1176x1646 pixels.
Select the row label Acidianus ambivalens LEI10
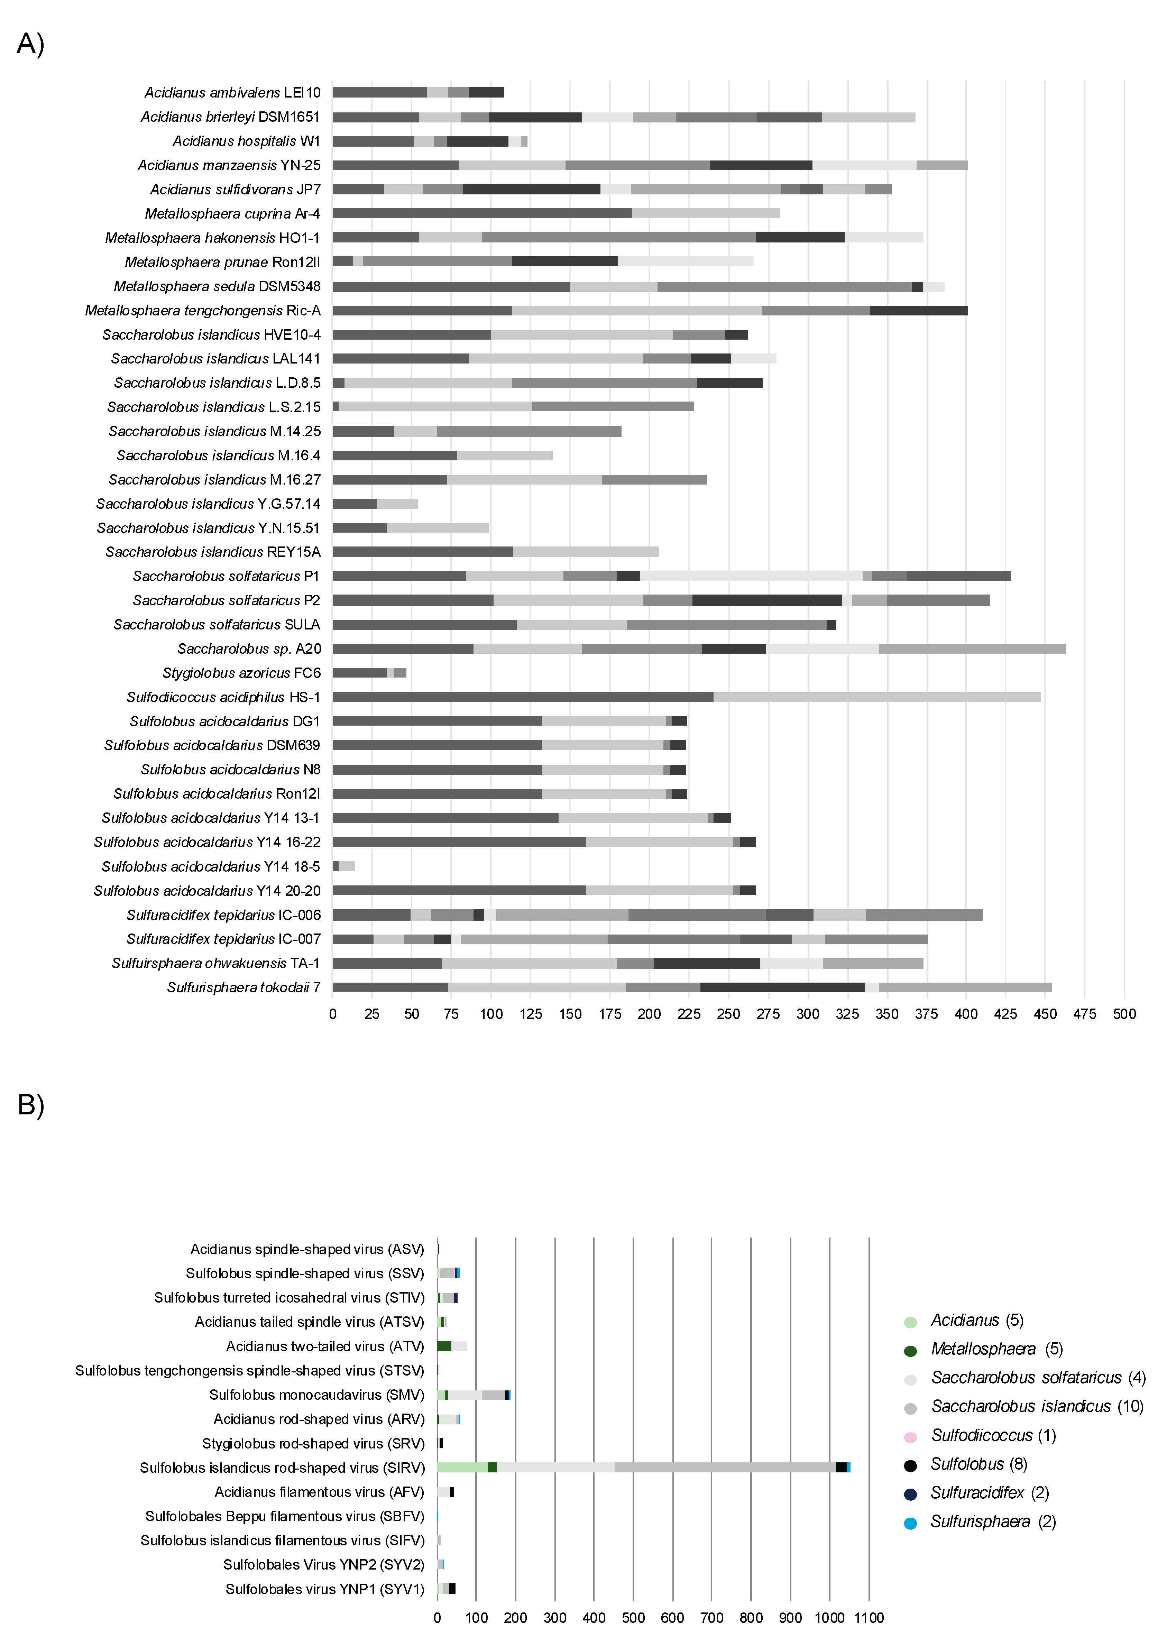tap(232, 93)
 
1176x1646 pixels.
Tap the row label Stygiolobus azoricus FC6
tap(241, 673)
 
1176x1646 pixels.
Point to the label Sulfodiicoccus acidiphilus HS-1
tap(223, 697)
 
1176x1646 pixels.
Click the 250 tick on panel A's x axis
tap(728, 1014)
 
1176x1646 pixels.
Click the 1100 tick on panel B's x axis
tap(869, 1618)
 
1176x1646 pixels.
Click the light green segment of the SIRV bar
tap(462, 1467)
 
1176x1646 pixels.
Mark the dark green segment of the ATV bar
tap(444, 1346)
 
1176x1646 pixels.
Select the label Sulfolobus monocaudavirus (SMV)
tap(316, 1395)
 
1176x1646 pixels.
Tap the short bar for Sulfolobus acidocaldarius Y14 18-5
tap(344, 866)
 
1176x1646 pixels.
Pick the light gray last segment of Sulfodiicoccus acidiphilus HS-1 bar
tap(876, 697)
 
